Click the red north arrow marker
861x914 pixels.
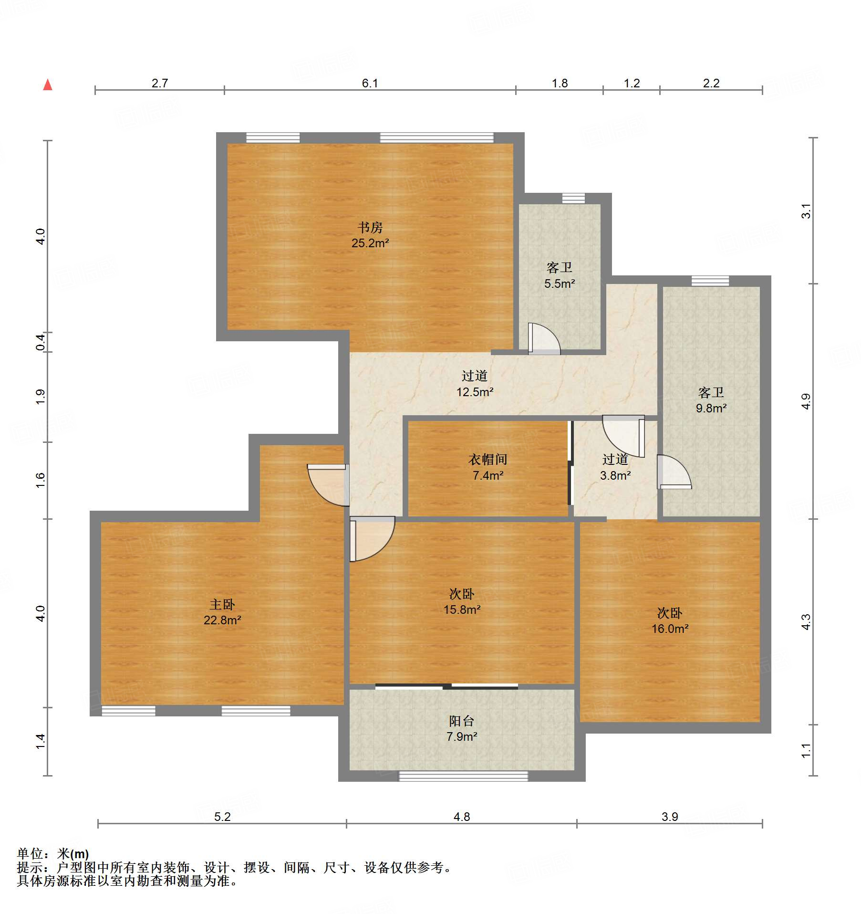48,85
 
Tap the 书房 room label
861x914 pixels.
370,227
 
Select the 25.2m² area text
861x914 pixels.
370,243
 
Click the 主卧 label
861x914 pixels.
222,605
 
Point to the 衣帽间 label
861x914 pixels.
488,459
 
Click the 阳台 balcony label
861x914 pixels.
462,721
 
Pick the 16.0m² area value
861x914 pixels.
670,629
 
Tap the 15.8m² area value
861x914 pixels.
462,609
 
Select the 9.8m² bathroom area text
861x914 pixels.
711,408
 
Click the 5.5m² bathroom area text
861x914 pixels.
560,284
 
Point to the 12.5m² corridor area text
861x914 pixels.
475,392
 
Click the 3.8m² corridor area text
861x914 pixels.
615,475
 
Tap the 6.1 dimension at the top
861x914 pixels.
370,83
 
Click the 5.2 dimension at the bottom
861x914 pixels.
222,817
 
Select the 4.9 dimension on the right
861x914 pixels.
806,401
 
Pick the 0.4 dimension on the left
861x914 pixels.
41,342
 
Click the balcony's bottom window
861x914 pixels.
463,777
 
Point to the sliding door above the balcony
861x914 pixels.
446,687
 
